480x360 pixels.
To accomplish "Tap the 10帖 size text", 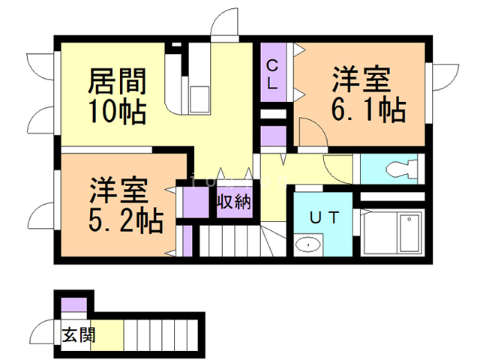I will click(x=116, y=110).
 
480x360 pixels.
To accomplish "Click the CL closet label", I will click(x=273, y=73).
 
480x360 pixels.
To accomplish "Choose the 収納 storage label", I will click(x=234, y=202).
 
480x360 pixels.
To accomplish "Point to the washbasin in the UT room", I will click(x=307, y=244).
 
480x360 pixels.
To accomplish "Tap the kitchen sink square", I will click(x=201, y=98).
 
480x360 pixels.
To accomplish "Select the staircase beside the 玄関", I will click(x=159, y=333).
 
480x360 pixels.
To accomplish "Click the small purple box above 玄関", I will click(x=74, y=305).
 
